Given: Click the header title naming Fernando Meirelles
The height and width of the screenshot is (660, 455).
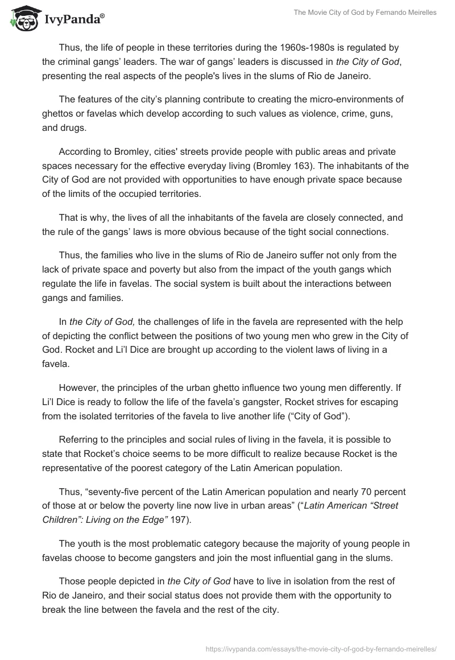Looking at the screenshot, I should coord(364,13).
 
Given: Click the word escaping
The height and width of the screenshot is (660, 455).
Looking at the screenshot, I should coord(384,402).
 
